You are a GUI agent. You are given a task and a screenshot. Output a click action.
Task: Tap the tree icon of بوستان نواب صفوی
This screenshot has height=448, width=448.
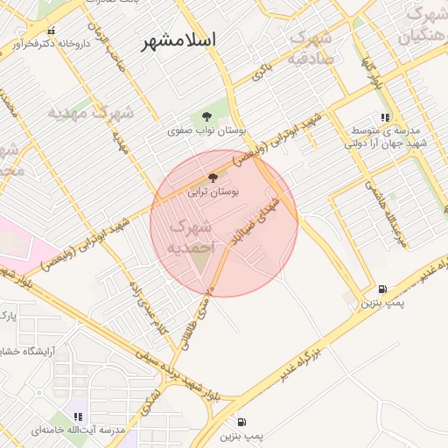pyautogui.click(x=207, y=115)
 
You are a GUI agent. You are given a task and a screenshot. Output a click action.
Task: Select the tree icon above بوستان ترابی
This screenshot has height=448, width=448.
pyautogui.click(x=213, y=178)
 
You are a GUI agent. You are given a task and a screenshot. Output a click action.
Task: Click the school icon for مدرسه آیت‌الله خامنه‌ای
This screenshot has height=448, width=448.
pyautogui.click(x=80, y=416)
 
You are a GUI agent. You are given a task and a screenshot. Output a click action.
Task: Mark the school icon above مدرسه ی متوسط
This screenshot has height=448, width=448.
pyautogui.click(x=384, y=117)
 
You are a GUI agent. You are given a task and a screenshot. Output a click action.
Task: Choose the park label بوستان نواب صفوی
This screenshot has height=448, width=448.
pyautogui.click(x=208, y=130)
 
